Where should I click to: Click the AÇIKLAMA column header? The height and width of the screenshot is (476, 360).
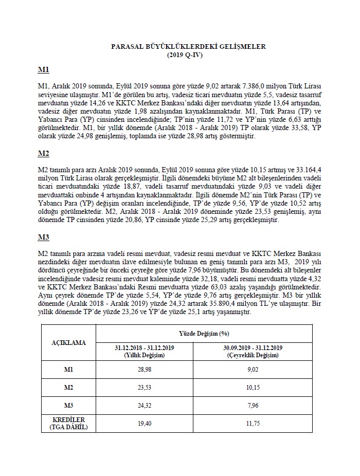(68, 342)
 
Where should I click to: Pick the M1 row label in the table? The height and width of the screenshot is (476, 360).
(68, 370)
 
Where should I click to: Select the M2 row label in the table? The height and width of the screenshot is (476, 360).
(68, 388)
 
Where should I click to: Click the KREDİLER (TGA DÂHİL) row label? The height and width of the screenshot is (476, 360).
(68, 423)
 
